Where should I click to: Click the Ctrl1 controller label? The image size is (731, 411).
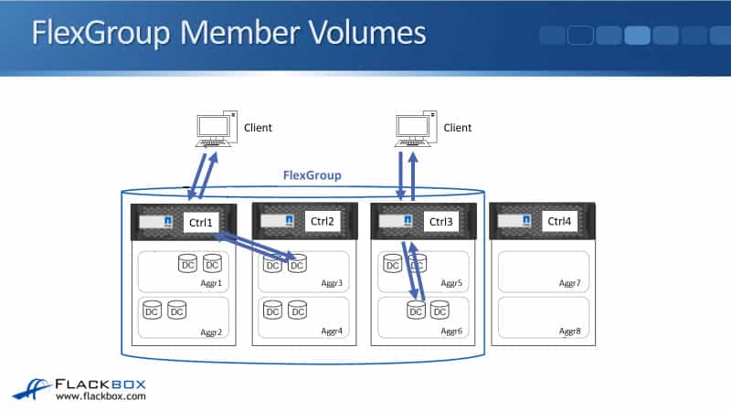(x=199, y=222)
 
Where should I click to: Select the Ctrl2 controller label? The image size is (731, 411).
(x=322, y=221)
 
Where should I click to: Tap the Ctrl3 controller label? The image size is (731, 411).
(x=441, y=222)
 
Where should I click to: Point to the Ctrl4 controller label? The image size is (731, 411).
(x=560, y=221)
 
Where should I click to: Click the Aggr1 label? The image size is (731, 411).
(x=212, y=284)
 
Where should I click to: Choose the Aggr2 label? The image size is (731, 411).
(x=212, y=332)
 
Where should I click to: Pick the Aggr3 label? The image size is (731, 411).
(x=333, y=284)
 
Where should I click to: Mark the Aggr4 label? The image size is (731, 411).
(x=333, y=332)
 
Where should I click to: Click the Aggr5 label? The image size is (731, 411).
(x=452, y=284)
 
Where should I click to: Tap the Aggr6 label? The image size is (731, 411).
(x=452, y=332)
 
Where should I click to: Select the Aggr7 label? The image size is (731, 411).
(x=570, y=284)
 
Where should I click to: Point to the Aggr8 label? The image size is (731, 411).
(x=570, y=332)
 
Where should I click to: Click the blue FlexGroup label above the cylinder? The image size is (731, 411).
(x=313, y=175)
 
